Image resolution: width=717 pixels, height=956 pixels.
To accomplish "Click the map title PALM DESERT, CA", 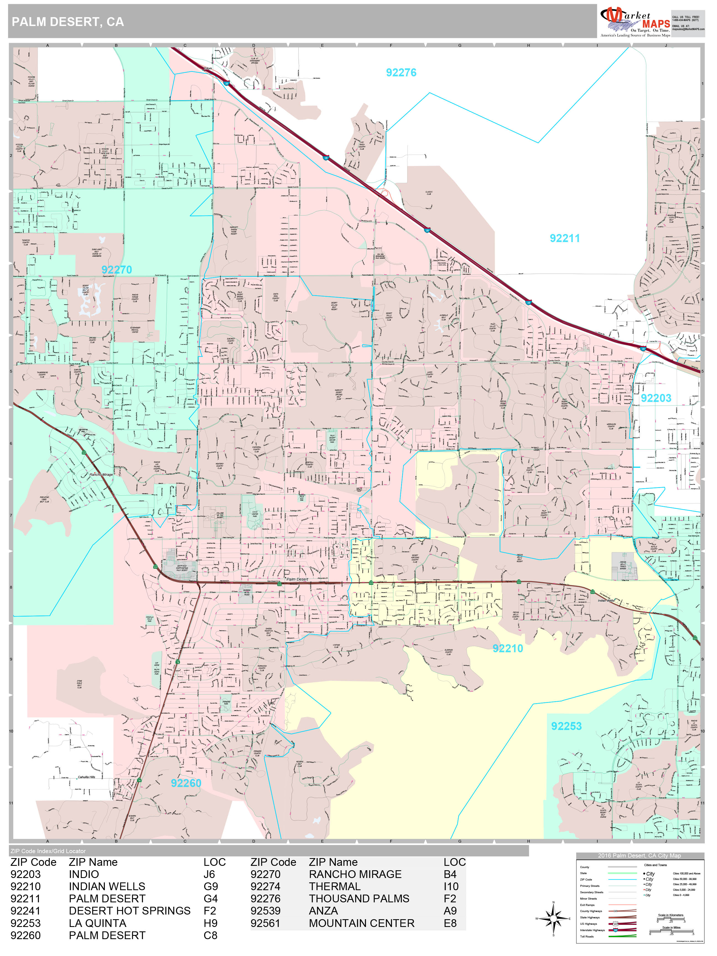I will [x=68, y=22].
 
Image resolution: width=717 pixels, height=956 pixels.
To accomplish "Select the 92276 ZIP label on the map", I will [x=401, y=72].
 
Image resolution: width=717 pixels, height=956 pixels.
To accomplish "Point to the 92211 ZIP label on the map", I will [x=564, y=238].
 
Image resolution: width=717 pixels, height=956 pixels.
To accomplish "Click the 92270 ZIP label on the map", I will [x=117, y=270].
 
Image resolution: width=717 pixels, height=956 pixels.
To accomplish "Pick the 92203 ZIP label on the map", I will [x=656, y=398].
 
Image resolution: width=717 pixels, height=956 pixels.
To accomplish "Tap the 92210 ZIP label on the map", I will [x=508, y=648].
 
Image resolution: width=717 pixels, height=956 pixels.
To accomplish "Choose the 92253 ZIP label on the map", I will [x=566, y=726].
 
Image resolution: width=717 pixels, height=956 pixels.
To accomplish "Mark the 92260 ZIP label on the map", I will [x=186, y=783].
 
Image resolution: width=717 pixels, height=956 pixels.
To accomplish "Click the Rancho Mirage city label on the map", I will [x=101, y=475].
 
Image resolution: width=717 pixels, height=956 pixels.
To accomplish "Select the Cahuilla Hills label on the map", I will [x=86, y=777].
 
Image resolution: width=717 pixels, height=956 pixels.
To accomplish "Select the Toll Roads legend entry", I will [x=587, y=937].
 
